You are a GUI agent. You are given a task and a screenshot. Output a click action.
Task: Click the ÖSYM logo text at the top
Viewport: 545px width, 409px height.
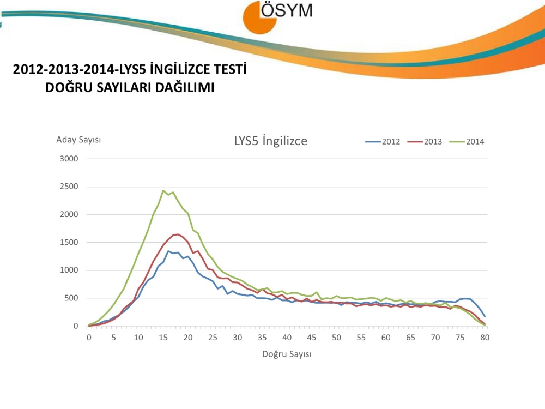point(287,11)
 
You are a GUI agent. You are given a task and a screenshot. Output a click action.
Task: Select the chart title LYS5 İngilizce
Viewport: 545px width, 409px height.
point(271,141)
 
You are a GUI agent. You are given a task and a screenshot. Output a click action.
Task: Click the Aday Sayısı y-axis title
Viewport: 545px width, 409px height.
point(78,140)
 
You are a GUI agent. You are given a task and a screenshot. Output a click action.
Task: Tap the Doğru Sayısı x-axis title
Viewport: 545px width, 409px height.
point(287,354)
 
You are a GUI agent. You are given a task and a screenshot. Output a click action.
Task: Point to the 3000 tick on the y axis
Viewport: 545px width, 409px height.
point(70,159)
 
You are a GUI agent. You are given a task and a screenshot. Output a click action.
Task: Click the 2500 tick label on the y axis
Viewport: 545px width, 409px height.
point(70,187)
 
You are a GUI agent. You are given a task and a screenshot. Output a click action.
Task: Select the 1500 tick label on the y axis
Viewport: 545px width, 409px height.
point(70,242)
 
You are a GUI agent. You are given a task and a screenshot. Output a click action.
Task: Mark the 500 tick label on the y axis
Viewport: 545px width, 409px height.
point(72,298)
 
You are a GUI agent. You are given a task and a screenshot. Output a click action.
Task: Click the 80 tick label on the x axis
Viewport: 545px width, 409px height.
point(485,337)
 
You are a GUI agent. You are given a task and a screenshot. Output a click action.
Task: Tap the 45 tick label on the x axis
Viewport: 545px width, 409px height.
point(312,337)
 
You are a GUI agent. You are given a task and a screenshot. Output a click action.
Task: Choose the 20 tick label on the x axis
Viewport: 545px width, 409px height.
point(188,337)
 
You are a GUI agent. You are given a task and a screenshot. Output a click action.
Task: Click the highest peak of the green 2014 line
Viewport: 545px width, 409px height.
point(163,190)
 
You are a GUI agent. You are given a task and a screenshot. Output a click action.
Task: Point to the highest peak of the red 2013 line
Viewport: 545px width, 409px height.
point(178,234)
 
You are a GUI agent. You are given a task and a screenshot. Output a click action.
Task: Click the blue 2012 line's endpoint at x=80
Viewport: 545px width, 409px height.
point(485,316)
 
